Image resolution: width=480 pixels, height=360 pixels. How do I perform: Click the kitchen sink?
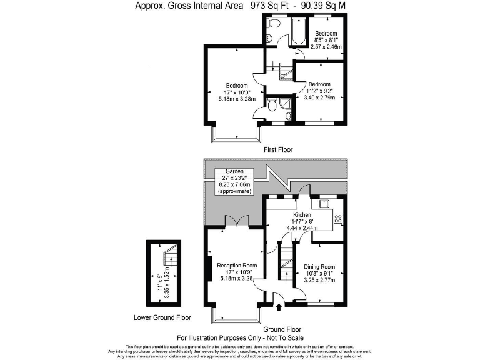tap(325, 203)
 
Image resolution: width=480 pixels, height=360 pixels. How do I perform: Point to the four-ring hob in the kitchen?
tap(338, 218)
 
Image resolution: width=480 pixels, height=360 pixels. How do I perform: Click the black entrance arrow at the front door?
tap(279, 307)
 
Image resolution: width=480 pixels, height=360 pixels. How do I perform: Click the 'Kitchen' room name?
tap(302, 214)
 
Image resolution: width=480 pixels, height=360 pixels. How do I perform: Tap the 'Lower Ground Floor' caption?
tap(162, 317)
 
